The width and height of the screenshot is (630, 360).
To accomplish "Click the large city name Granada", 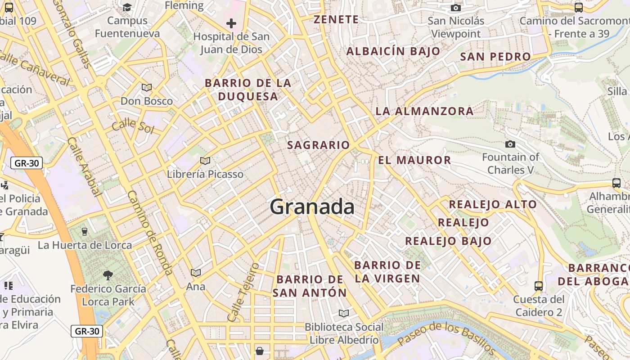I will (312, 207).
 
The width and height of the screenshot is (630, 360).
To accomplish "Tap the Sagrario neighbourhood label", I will (318, 145).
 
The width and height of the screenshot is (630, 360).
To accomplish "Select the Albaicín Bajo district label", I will (393, 51).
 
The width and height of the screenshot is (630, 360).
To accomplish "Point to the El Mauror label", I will (414, 160).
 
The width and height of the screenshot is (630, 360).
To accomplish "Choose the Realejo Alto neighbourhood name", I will (493, 204).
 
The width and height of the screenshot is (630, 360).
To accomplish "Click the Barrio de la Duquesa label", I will (248, 90).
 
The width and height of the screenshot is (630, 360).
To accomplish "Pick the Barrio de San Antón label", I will (310, 286).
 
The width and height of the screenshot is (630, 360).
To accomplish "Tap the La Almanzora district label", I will (424, 111).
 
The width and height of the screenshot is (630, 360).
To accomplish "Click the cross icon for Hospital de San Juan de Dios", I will (231, 23).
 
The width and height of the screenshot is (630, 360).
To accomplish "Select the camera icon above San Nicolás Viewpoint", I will (456, 8).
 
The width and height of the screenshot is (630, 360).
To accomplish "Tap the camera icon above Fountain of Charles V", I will (510, 144).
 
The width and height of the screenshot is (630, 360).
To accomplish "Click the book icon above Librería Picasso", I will (205, 161).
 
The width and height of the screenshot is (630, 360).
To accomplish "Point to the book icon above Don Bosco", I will (146, 87).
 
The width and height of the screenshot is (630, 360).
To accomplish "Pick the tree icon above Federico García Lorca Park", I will (108, 274).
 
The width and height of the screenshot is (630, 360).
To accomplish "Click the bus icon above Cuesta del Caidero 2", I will (538, 286).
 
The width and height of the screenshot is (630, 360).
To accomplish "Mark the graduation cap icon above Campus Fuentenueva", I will (127, 7).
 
